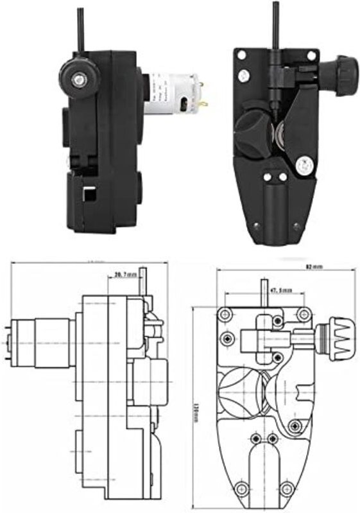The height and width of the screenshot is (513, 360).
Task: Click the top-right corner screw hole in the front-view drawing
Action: [302, 314]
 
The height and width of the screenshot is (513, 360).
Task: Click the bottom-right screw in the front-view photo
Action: [296, 225]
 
